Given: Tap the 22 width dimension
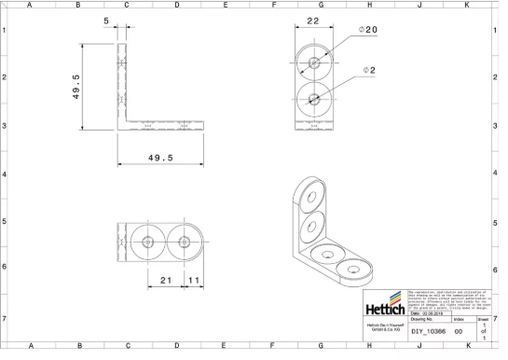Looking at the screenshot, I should coord(314,20).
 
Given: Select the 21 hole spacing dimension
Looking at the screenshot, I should coord(165,279).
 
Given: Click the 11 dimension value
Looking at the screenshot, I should coord(193,279).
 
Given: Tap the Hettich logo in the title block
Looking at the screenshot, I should coord(383,305).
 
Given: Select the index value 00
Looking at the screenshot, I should coord(458,331).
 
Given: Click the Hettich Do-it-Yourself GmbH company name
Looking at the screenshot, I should coord(383,327).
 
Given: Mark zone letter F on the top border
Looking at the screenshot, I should coord(274,5).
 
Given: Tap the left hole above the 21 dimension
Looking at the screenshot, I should coord(148,242).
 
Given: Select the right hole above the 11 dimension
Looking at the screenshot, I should coord(184,242).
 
